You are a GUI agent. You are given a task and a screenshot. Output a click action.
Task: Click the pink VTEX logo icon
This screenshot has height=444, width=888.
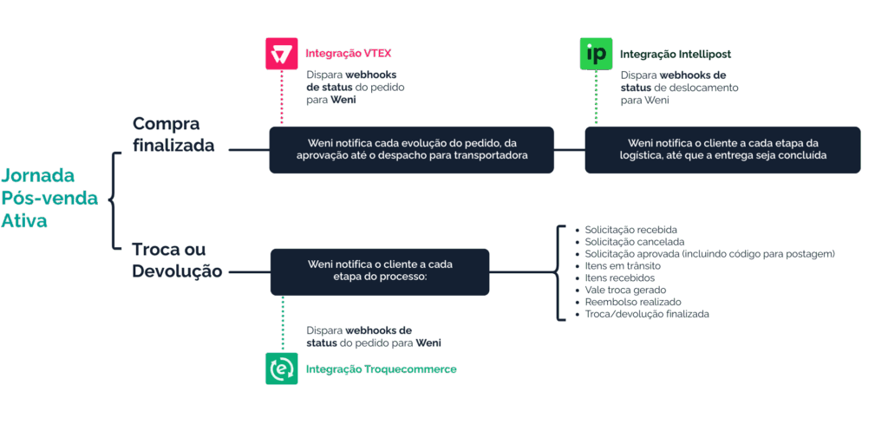(282, 54)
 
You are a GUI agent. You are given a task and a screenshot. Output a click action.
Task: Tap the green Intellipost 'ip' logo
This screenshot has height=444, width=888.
(596, 54)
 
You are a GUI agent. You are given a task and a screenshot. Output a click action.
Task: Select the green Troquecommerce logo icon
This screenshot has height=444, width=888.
(282, 369)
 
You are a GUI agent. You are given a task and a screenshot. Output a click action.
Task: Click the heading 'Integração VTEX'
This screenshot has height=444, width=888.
(349, 54)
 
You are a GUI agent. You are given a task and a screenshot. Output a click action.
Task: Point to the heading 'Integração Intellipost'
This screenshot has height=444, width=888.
(676, 55)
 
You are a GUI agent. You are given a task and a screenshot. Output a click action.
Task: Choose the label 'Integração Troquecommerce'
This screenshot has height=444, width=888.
(382, 369)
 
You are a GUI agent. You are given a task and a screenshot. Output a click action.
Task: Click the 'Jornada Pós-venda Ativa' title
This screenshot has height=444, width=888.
(49, 198)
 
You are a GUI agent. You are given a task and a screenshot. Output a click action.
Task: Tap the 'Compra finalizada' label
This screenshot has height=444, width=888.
(173, 134)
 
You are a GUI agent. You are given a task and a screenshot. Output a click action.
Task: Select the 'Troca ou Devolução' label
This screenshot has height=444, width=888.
(177, 260)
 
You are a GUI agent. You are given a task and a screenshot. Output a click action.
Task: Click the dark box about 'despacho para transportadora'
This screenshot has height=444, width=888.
(411, 149)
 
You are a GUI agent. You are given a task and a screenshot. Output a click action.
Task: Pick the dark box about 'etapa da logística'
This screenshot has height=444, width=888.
(722, 149)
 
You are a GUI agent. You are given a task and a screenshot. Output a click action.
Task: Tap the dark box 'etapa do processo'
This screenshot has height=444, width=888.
(380, 271)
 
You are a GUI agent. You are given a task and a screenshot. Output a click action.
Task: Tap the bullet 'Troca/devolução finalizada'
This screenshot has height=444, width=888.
(643, 314)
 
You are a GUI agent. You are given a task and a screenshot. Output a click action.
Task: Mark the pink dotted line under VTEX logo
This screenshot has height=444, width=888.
(282, 97)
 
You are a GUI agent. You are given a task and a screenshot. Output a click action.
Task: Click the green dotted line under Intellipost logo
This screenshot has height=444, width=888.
(596, 97)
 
